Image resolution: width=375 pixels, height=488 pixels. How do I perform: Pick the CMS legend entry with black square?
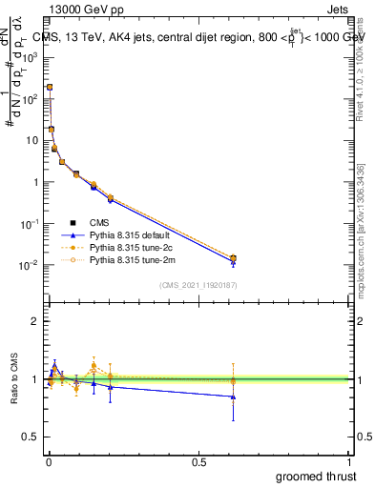pos(100,221)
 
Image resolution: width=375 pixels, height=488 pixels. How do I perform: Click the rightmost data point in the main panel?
pos(234,258)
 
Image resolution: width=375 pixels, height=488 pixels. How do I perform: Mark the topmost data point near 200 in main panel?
pos(49,87)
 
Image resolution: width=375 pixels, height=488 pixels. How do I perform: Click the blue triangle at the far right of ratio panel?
pos(234,396)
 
